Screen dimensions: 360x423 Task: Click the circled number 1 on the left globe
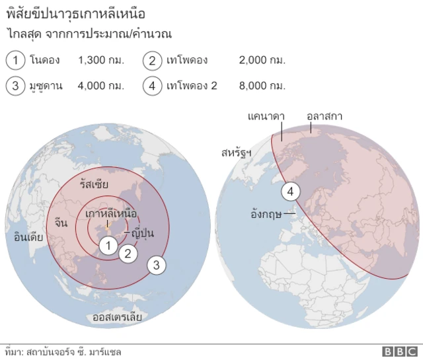(108, 244)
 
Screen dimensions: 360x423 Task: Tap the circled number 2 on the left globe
(129, 252)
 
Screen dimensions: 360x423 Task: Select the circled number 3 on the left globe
(156, 266)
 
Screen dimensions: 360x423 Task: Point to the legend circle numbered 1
(15, 61)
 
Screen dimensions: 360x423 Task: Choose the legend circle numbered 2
(153, 61)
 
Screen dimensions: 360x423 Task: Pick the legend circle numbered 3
(15, 85)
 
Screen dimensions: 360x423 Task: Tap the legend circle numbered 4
(153, 85)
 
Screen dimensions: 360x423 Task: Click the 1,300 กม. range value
(101, 61)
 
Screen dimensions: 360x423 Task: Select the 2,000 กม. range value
(262, 61)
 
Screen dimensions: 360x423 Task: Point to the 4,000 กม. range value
(101, 85)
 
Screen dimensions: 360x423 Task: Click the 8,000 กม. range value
(262, 85)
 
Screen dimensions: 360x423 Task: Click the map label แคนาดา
(266, 116)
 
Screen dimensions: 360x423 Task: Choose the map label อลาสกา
(325, 116)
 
